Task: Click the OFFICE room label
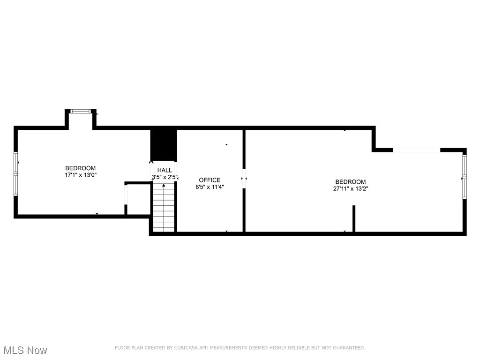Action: (210, 180)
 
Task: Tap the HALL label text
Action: (165, 170)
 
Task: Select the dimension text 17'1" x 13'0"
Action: (80, 175)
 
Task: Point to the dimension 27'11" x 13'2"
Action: (350, 189)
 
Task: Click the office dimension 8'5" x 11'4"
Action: (210, 187)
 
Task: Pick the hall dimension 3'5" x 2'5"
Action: (165, 177)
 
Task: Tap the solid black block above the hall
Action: (164, 145)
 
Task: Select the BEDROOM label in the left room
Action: (80, 168)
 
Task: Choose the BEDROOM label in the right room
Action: (350, 182)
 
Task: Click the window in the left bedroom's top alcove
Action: (80, 111)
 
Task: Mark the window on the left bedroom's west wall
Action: (15, 173)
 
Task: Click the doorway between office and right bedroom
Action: (244, 178)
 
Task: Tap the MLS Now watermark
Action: (25, 350)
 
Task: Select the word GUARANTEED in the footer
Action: (348, 348)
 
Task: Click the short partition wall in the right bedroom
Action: (354, 218)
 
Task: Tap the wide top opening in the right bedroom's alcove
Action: (416, 150)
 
